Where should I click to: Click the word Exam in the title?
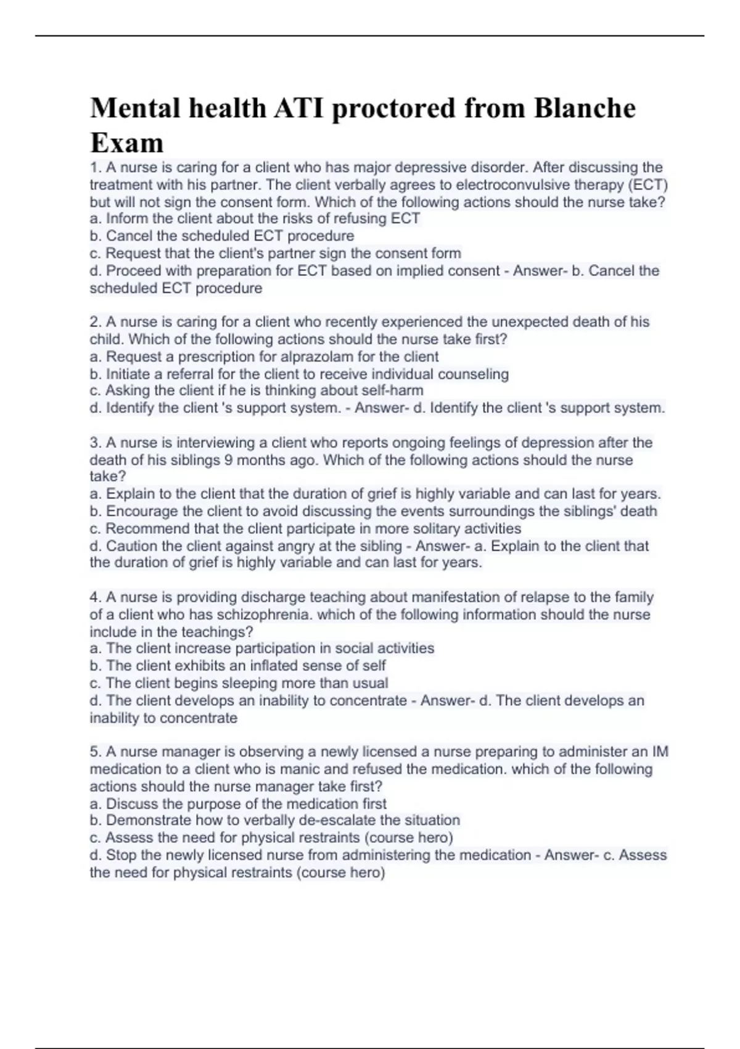tap(126, 143)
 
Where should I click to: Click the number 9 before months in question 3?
tap(228, 460)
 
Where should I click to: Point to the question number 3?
tap(95, 443)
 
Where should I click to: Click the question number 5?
tap(95, 752)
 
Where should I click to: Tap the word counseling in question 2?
tap(473, 374)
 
